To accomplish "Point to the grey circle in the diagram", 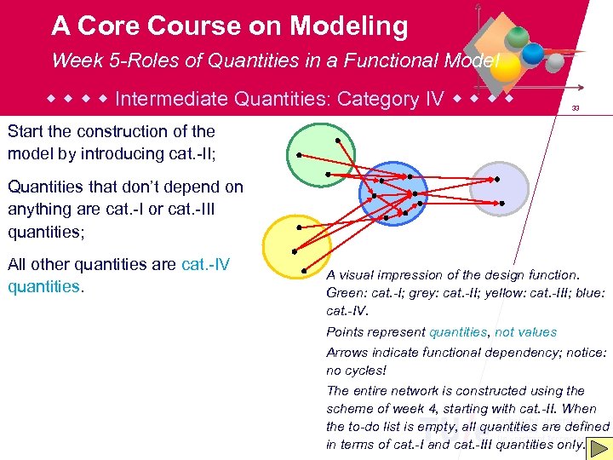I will (499, 187).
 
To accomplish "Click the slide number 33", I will (576, 108).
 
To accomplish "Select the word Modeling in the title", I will (348, 26).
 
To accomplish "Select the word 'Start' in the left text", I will (27, 131).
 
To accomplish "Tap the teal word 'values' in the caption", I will (536, 332).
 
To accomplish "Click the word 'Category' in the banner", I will (378, 99).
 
